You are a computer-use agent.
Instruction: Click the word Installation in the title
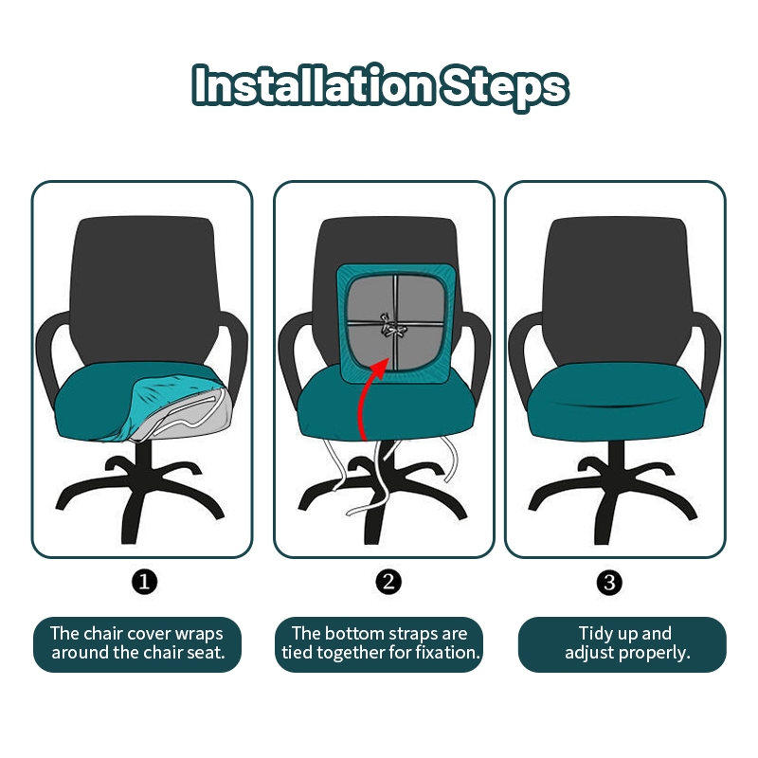click(315, 85)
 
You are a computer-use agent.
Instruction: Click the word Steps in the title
click(504, 88)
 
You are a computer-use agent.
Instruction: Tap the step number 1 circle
click(144, 582)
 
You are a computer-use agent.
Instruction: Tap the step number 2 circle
click(388, 582)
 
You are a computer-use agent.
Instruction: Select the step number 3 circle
click(609, 582)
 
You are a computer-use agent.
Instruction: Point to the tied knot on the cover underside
click(392, 325)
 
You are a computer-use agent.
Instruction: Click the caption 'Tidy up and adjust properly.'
click(623, 644)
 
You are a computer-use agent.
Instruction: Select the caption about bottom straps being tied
click(379, 644)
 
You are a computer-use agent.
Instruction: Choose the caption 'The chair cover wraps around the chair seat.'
click(137, 644)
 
